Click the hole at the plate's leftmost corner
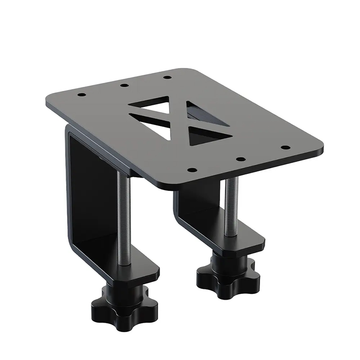pyautogui.click(x=81, y=95)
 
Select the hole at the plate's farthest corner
pyautogui.click(x=166, y=77)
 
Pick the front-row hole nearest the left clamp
pyautogui.click(x=191, y=170)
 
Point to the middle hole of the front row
pyautogui.click(x=240, y=159)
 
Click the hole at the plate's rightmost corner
pyautogui.click(x=284, y=147)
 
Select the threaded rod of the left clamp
pyautogui.click(x=125, y=216)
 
